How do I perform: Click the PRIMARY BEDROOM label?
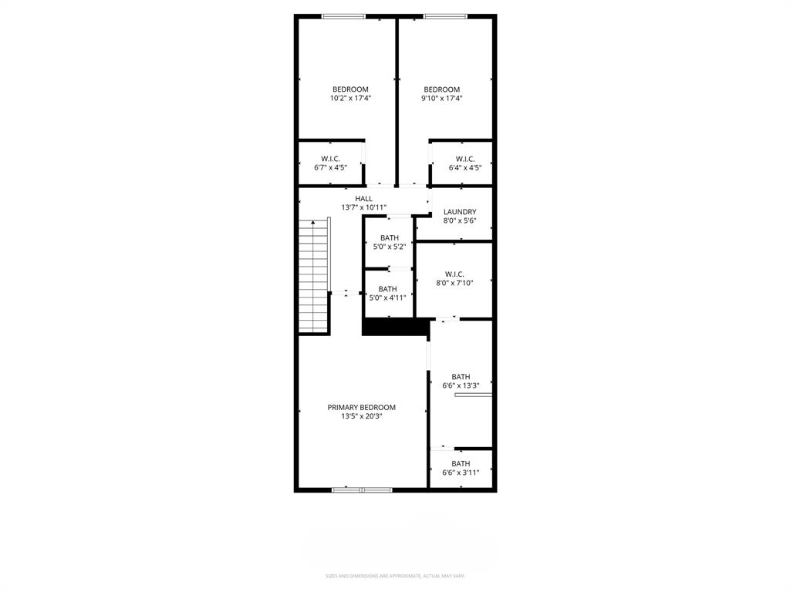361,408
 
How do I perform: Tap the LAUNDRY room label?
460,212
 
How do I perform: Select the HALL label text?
363,199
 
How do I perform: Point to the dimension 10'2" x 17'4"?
350,99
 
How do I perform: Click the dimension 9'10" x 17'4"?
441,99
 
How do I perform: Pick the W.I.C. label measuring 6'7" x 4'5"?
330,159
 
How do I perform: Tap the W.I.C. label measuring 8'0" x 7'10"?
454,274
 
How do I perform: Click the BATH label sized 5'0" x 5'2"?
390,238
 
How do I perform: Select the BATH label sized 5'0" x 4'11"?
387,289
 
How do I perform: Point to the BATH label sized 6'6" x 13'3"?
461,377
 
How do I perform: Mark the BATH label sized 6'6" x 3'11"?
461,464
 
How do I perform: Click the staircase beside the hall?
314,275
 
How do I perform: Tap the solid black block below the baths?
395,328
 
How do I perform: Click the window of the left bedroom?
343,16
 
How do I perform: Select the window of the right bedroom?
445,16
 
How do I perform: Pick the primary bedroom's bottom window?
362,489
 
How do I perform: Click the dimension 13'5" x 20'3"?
362,417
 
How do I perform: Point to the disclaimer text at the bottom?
395,576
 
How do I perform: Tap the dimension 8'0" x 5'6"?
460,220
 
